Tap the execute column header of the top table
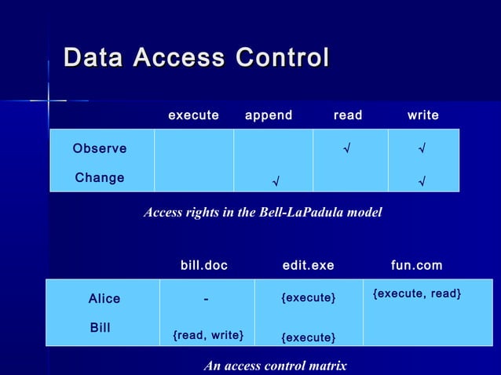193,115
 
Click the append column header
269,115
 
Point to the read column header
348,115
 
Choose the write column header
422,115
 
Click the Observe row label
100,149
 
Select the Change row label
100,178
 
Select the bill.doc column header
204,266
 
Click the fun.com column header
417,266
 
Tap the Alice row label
104,299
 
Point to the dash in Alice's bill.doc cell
205,299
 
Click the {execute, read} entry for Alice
417,293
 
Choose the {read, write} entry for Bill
208,336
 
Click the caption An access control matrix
275,366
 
